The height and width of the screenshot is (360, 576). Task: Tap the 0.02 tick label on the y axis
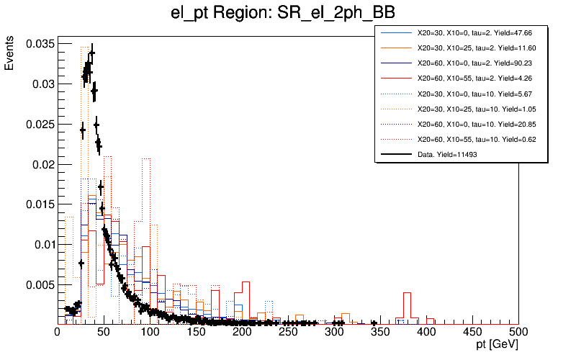(40, 164)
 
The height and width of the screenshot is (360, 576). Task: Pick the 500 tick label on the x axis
(518, 332)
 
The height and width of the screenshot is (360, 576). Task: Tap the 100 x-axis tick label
(150, 332)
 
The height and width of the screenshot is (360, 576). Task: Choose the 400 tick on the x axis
(426, 332)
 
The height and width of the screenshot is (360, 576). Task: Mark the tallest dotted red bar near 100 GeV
(145, 238)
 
